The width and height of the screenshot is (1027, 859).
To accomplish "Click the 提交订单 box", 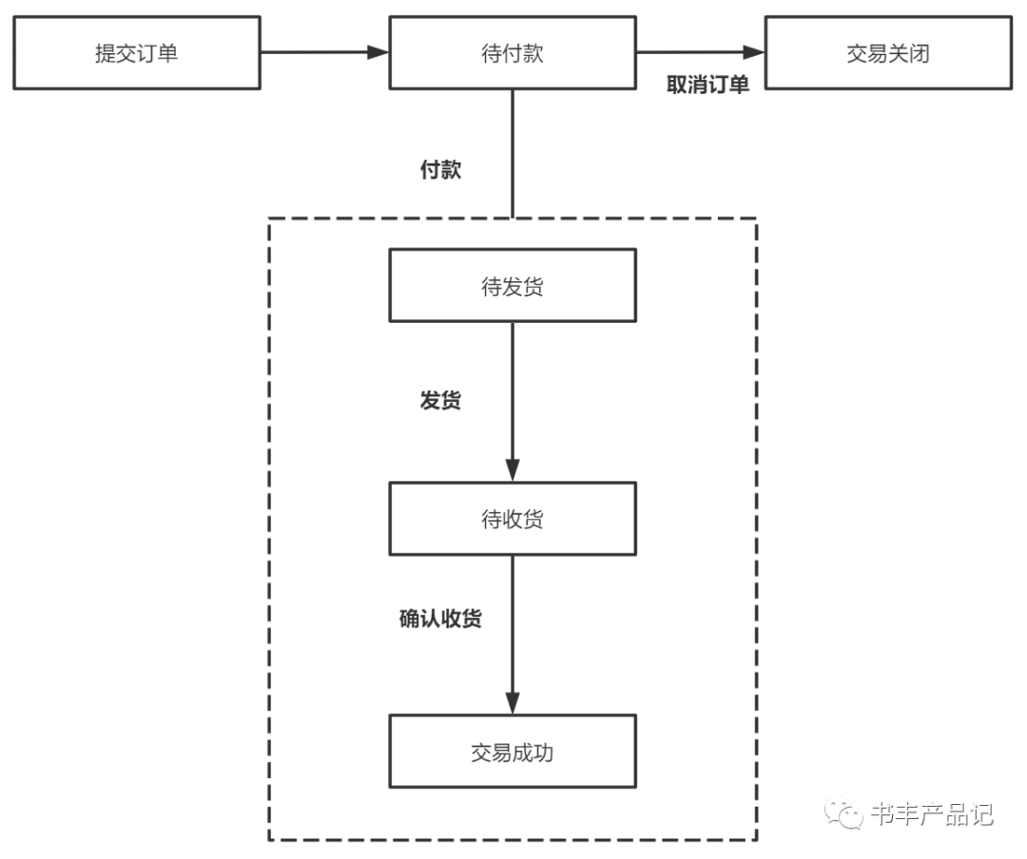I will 137,54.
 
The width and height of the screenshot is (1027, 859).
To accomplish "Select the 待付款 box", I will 513,54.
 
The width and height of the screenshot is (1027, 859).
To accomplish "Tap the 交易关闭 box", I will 888,54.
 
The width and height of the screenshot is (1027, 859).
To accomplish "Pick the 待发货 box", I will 513,286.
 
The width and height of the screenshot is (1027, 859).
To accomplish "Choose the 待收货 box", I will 513,519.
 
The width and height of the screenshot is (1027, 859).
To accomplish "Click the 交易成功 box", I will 513,753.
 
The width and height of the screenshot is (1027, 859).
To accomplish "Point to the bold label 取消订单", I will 707,85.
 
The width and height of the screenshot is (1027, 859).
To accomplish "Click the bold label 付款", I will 441,170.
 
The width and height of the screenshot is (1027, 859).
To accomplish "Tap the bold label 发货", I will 441,400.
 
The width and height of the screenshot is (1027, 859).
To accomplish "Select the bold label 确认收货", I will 440,619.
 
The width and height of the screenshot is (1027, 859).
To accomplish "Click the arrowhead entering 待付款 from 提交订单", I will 379,53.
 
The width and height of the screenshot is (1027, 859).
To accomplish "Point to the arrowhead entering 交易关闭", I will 755,53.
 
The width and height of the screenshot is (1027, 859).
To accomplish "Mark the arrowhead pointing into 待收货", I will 513,470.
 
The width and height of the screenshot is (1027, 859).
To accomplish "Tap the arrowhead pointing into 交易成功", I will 513,703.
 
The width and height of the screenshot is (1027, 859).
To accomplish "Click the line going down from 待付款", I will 513,152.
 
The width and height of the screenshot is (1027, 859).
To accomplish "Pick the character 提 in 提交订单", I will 106,54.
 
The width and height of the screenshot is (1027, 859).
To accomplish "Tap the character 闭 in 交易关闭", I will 920,54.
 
